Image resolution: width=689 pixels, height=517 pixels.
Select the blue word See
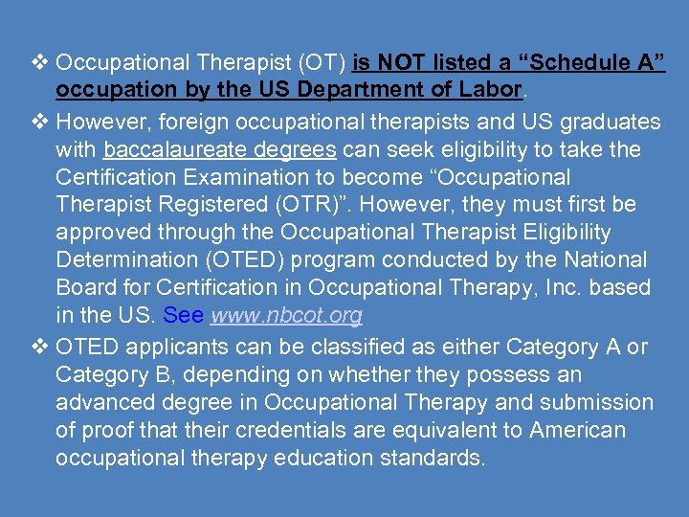tap(184, 315)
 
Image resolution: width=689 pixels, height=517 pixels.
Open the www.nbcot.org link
tap(286, 315)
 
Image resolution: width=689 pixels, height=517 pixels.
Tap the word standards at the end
tap(433, 458)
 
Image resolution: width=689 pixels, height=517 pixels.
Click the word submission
tap(591, 402)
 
